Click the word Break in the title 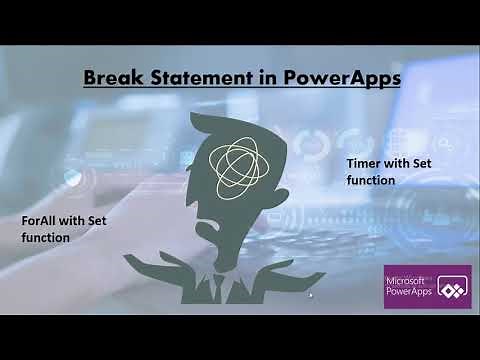[109, 77]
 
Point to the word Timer [363, 163]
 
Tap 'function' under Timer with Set [371, 180]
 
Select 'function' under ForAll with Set [46, 238]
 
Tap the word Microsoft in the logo [407, 281]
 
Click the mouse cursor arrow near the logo [311, 295]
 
